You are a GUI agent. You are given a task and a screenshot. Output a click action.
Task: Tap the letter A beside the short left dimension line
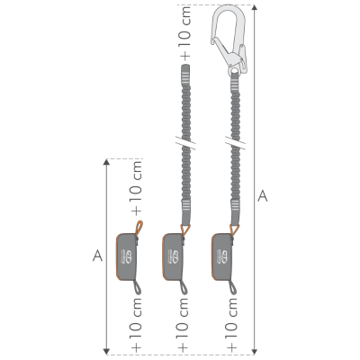click(x=96, y=256)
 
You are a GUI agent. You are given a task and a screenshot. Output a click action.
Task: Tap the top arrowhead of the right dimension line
click(x=253, y=6)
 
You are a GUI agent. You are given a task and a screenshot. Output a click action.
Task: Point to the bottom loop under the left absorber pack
click(x=136, y=289)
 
